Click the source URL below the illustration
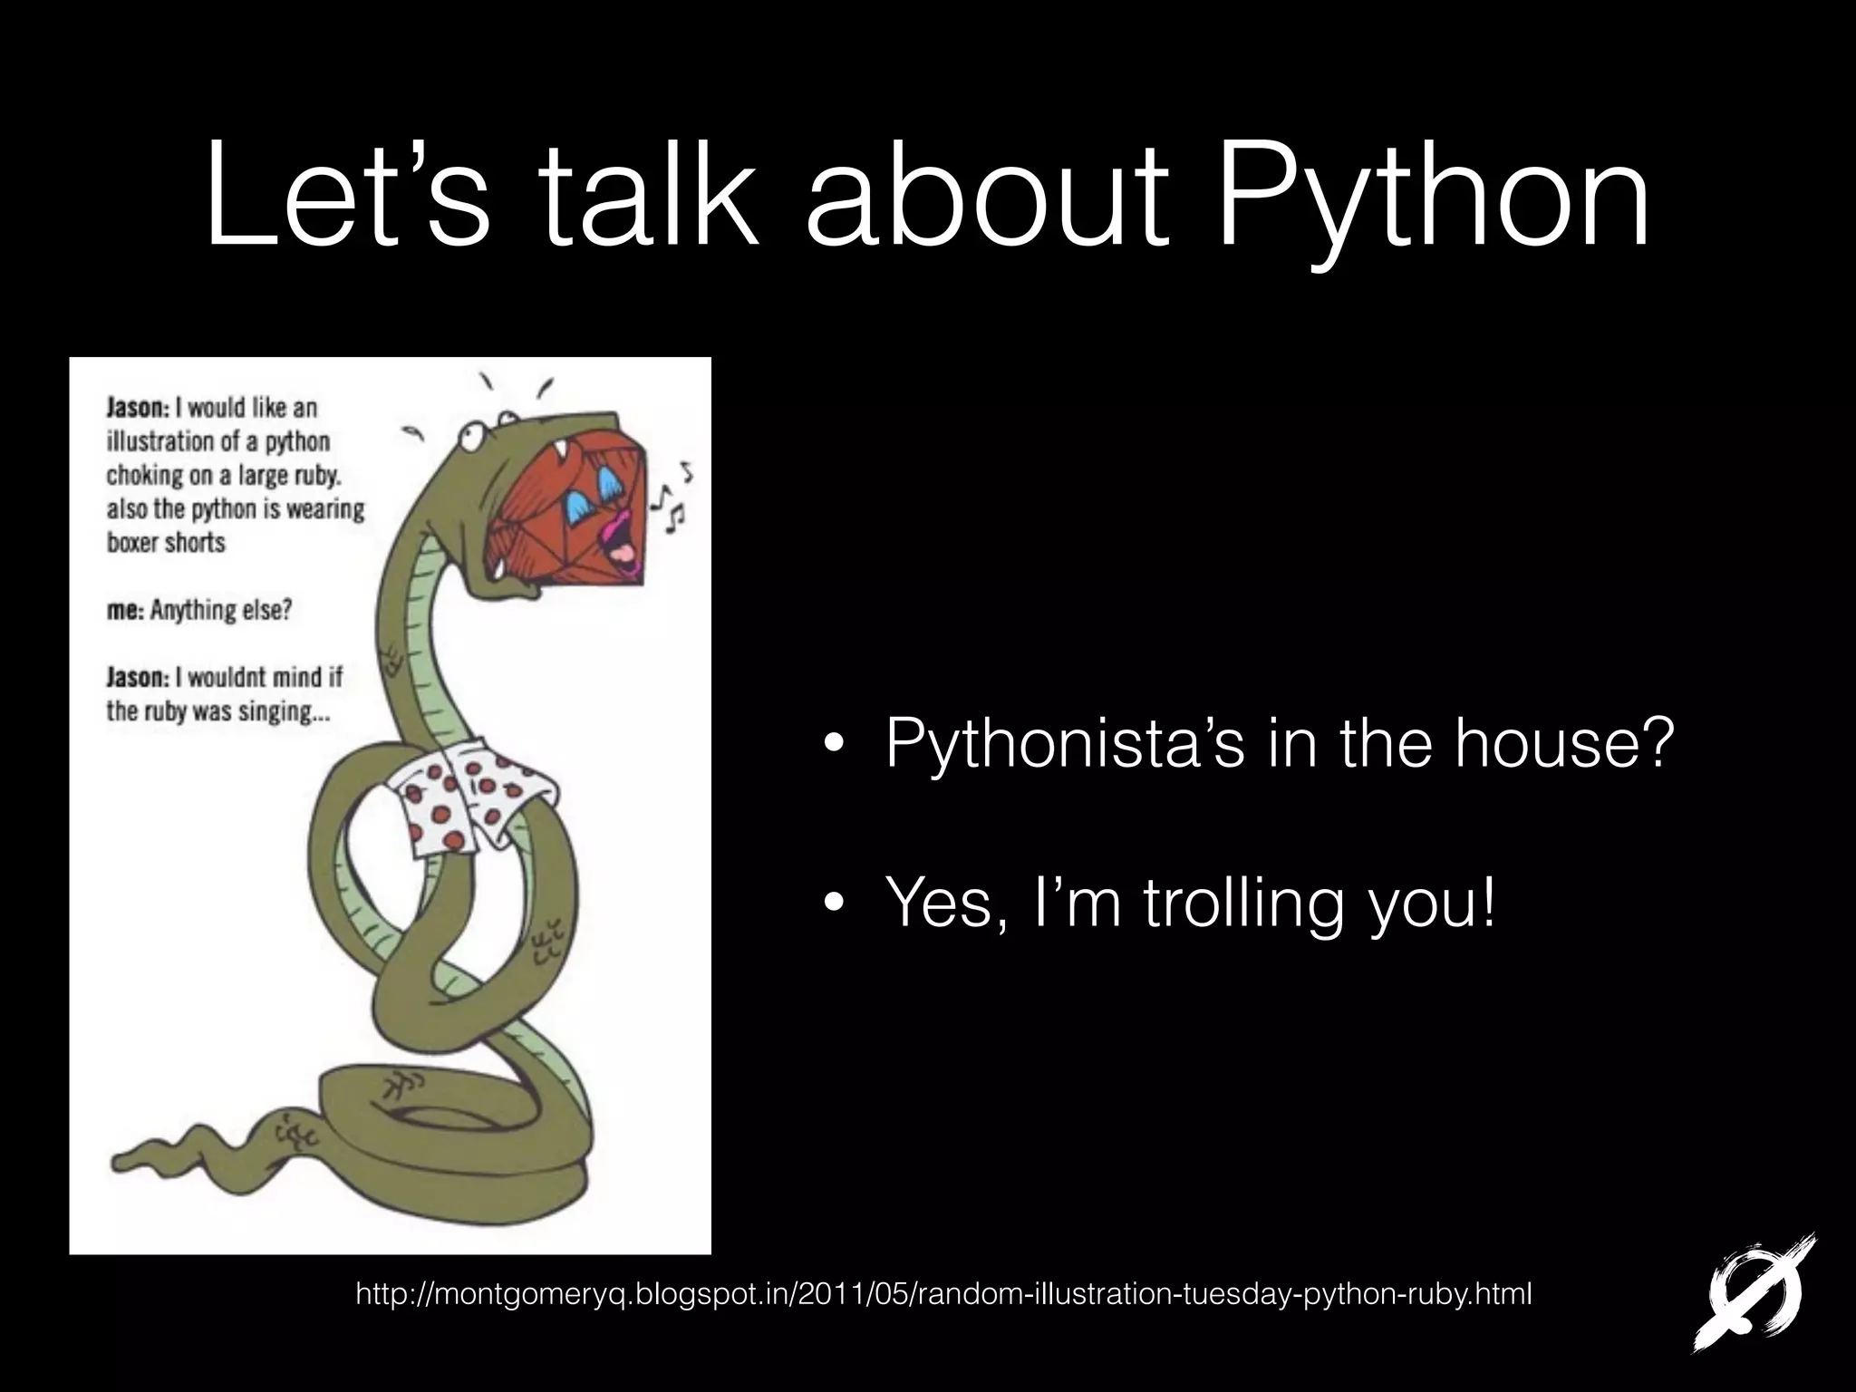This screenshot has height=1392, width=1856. click(943, 1294)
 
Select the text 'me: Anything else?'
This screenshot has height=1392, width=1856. click(199, 610)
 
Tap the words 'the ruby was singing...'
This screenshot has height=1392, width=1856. click(217, 711)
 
